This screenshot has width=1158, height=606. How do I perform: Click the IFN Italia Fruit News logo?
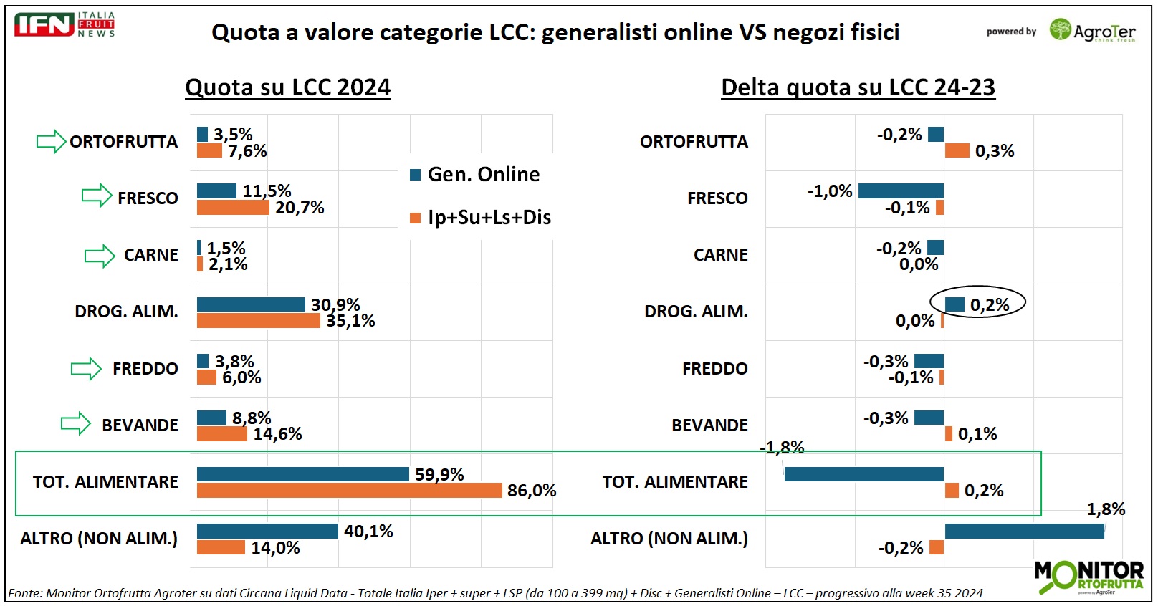(64, 24)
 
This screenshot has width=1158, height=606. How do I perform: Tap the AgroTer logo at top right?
(1092, 31)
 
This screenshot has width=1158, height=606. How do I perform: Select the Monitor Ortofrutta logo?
(1088, 577)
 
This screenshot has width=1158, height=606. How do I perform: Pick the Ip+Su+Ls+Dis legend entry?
(481, 217)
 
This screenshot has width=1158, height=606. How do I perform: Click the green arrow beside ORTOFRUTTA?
(51, 141)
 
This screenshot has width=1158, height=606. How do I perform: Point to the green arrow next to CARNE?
(100, 255)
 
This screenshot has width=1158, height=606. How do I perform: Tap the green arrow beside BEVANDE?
(76, 424)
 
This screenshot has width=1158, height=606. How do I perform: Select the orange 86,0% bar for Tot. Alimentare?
(349, 490)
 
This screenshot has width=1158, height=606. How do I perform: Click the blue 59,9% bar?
(302, 474)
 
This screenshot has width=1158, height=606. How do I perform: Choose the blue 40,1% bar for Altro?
(267, 531)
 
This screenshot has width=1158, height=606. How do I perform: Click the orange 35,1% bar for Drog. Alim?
(258, 321)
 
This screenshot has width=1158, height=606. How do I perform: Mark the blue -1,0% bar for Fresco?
(901, 191)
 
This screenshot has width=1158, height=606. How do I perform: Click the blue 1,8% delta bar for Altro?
(1024, 531)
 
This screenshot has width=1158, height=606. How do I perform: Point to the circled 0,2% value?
(989, 304)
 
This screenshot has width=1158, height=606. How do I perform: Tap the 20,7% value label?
(300, 208)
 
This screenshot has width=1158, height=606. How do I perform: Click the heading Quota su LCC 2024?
(288, 87)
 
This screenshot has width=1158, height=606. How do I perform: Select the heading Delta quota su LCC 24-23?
(858, 87)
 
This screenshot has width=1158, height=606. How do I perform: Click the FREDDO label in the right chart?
(714, 368)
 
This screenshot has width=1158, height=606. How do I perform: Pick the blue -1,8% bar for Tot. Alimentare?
(863, 474)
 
